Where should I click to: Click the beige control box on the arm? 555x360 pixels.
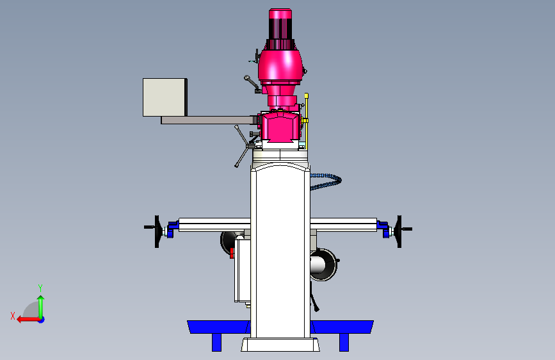(165, 97)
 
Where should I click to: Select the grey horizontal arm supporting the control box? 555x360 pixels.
(209, 120)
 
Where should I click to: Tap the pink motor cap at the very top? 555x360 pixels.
(280, 14)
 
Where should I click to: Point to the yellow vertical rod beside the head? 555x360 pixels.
(307, 121)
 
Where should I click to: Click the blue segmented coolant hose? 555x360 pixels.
(327, 181)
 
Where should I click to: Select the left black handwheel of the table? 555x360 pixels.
(157, 231)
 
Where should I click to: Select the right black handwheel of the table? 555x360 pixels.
(399, 231)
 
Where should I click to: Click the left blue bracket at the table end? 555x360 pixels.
(172, 229)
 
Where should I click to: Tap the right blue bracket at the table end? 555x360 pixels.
(383, 229)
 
